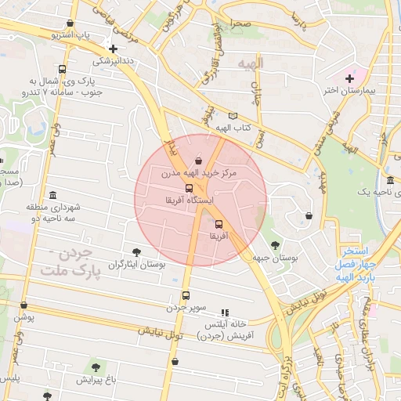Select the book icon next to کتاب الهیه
click(x=233, y=116)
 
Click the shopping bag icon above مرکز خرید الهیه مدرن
click(x=197, y=161)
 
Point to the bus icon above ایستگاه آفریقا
click(x=189, y=188)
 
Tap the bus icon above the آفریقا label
click(x=218, y=224)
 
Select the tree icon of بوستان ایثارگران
click(x=136, y=252)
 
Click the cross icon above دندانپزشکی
click(x=114, y=48)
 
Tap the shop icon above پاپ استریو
click(x=71, y=23)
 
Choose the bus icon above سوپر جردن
click(x=186, y=295)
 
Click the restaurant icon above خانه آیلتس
click(x=226, y=312)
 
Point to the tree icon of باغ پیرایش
click(x=96, y=367)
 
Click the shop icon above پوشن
click(x=23, y=305)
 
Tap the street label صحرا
click(x=240, y=24)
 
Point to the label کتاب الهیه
click(x=233, y=128)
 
